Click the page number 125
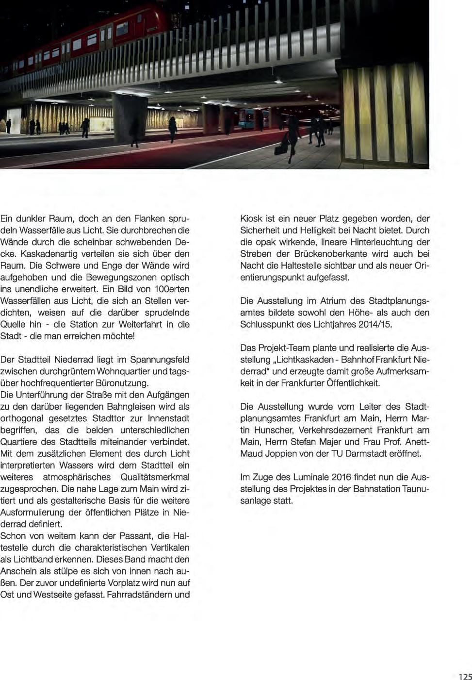[x=464, y=677]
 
